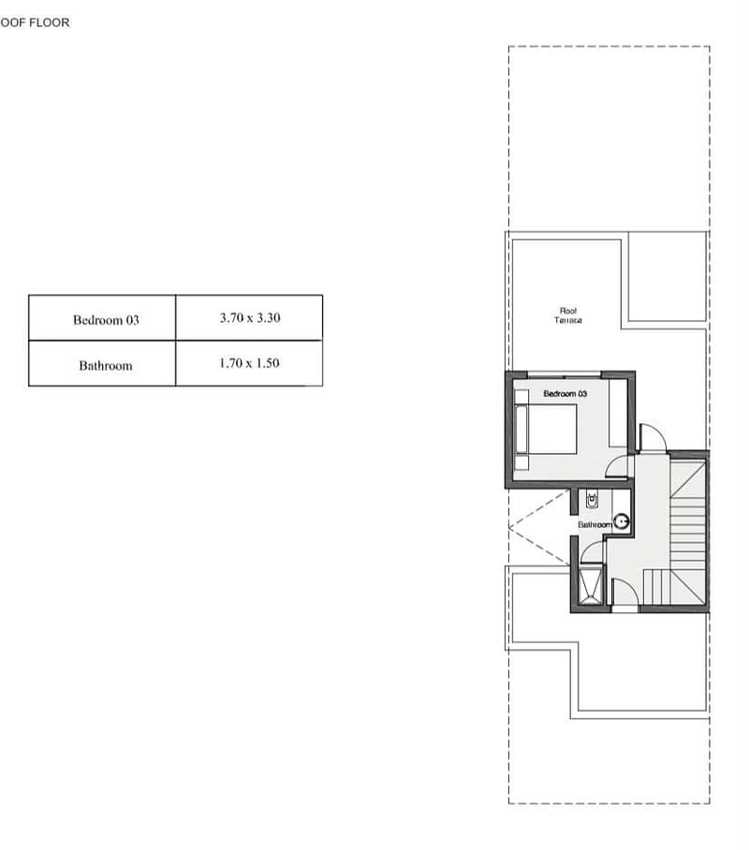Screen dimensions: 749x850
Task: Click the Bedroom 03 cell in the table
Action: pos(102,318)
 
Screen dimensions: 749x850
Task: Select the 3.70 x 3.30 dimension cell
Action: pos(249,318)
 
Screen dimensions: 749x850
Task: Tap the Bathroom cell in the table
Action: pos(102,364)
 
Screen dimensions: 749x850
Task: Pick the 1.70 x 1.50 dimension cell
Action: pos(249,364)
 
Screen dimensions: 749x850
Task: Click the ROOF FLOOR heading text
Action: pos(35,22)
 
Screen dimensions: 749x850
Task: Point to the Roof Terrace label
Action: pos(568,315)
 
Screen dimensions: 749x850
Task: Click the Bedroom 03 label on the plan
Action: pos(565,393)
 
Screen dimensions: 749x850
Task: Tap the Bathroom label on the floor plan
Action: pos(595,525)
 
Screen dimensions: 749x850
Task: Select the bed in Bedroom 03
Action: pos(546,429)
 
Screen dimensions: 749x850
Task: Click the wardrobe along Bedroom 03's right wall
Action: pos(617,413)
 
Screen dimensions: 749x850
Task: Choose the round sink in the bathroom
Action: pos(622,521)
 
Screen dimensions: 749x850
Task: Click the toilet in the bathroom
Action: pos(592,500)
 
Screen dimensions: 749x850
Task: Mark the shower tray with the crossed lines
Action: pos(591,584)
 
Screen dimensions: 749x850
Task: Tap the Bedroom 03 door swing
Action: pos(618,465)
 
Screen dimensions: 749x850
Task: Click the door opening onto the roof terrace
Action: pos(653,437)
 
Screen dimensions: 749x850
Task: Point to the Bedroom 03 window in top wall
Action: pos(564,374)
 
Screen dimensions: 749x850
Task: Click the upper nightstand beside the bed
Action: pos(521,396)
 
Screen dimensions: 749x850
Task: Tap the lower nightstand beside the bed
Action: pos(521,462)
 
